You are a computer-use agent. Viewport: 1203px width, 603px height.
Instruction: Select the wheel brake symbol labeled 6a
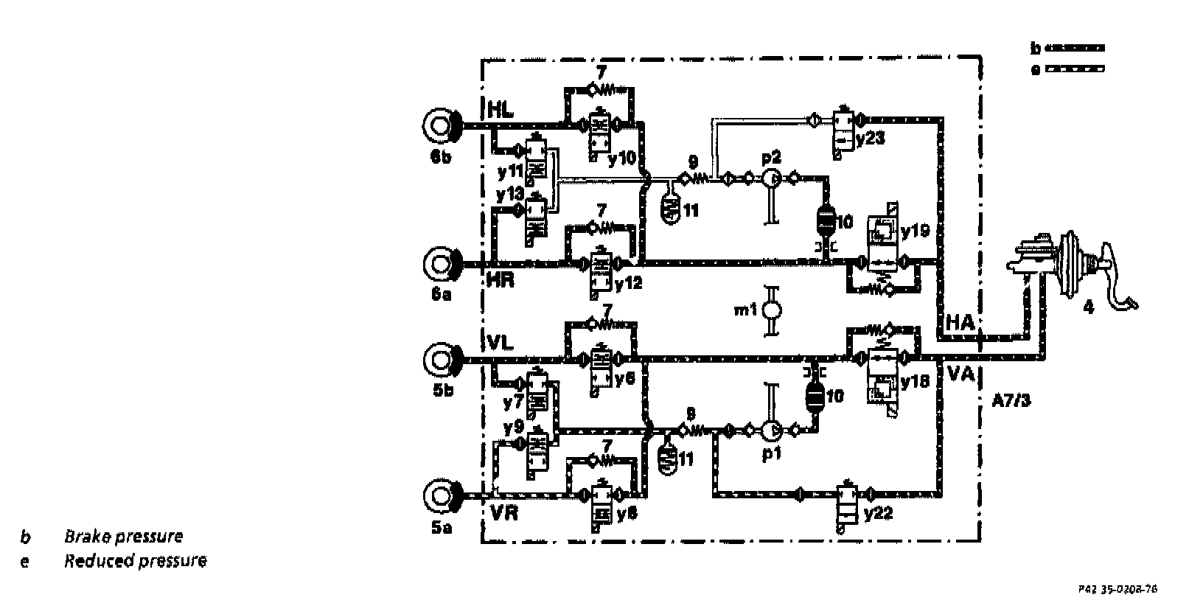tap(441, 262)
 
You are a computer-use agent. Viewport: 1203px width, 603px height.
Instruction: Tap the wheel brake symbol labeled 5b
tap(441, 360)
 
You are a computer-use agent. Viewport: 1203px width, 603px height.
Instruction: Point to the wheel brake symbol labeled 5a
tap(441, 495)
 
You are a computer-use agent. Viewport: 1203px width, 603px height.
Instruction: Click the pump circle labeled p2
tap(770, 178)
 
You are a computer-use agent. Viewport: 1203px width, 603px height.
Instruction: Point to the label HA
tap(960, 322)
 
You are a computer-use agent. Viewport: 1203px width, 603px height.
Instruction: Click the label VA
tap(960, 374)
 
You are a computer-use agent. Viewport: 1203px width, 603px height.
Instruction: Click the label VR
tap(503, 512)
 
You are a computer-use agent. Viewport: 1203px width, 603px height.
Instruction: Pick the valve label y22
tap(878, 512)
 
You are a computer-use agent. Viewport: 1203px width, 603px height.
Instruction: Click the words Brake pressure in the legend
tap(123, 536)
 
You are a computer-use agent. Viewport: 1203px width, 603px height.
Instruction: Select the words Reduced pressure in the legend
tap(135, 561)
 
